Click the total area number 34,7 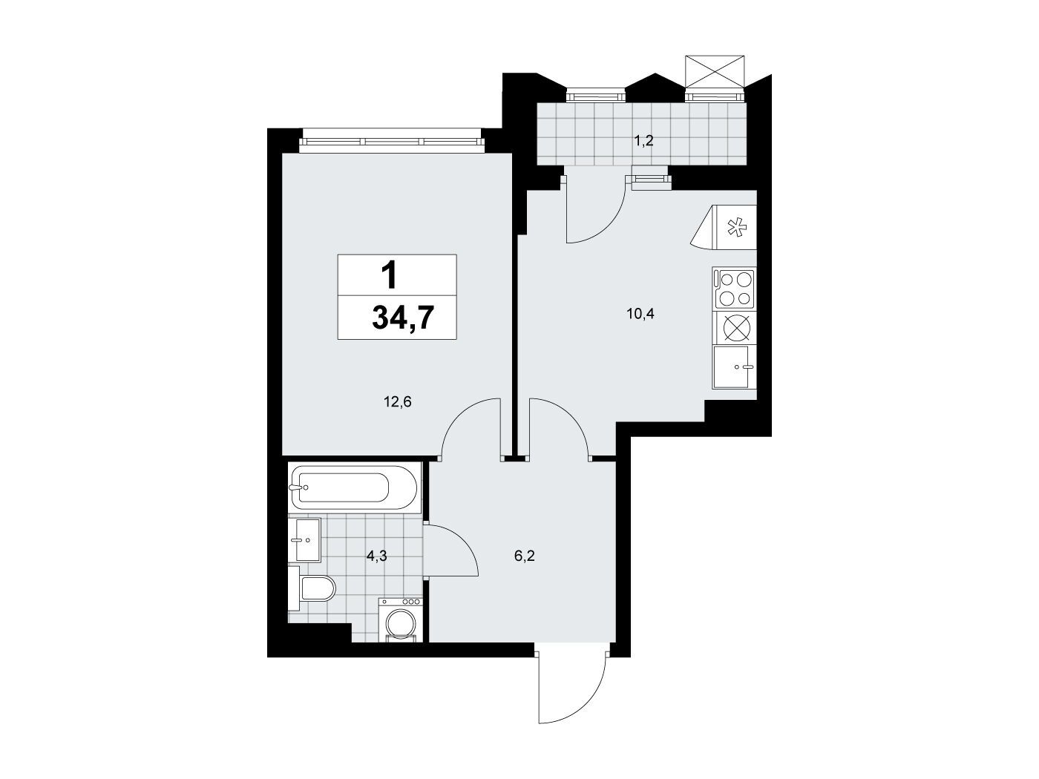(403, 317)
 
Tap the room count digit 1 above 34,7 (390, 276)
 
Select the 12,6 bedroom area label (398, 402)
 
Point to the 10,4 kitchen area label (640, 314)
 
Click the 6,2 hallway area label (525, 556)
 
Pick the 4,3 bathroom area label (377, 556)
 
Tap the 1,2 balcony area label (643, 140)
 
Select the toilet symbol (312, 589)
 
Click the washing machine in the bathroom (400, 620)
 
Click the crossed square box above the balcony (715, 71)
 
